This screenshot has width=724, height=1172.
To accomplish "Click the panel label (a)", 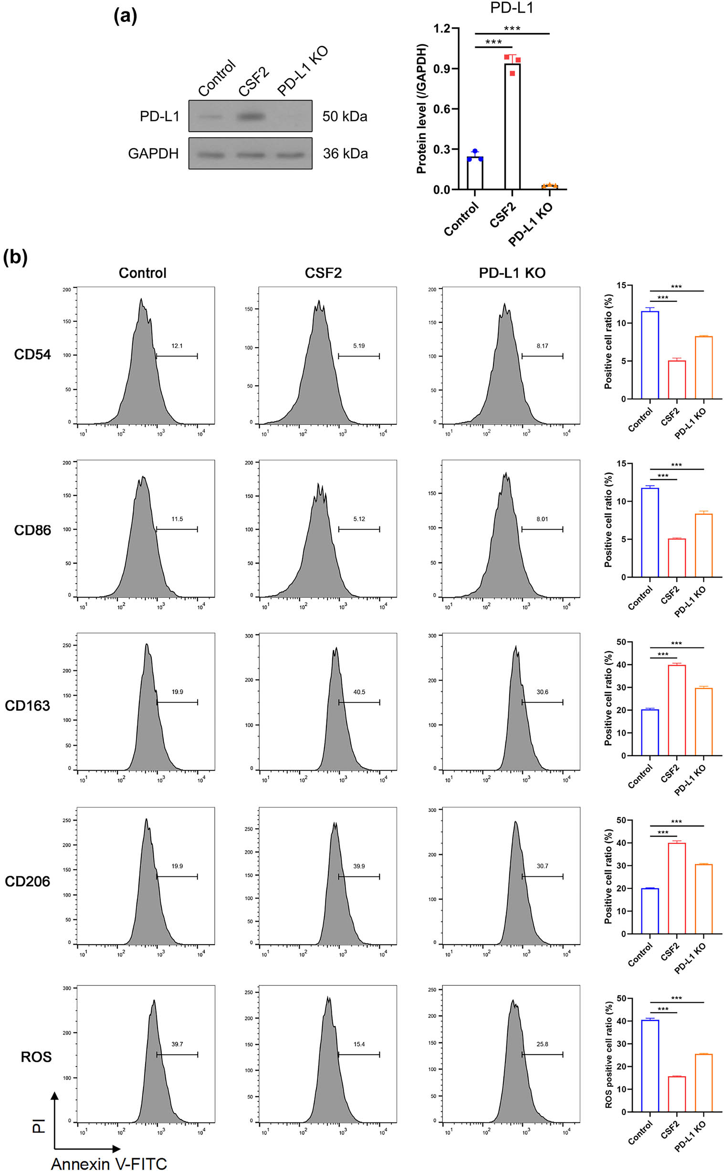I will click(126, 16).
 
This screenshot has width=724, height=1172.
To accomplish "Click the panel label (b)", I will click(15, 258).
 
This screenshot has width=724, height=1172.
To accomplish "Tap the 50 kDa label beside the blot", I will click(345, 116).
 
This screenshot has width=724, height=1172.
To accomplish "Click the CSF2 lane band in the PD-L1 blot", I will click(251, 116).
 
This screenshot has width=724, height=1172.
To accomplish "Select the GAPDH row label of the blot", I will click(153, 154).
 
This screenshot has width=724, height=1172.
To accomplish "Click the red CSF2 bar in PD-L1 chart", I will click(512, 127).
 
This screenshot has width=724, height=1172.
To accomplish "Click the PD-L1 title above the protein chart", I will click(512, 8).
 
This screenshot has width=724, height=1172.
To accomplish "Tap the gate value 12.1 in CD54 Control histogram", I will click(177, 346).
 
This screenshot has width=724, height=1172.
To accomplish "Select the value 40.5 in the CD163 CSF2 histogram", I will click(359, 692).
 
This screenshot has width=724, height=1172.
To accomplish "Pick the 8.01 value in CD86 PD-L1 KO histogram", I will click(542, 519).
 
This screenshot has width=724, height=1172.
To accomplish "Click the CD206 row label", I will click(27, 881).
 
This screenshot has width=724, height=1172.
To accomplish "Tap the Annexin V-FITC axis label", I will click(109, 1163).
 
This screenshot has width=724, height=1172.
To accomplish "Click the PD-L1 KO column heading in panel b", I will click(512, 273).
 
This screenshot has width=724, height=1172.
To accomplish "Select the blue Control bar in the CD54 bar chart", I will click(650, 355).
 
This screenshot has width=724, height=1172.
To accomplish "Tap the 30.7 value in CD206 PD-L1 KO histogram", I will click(542, 866).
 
